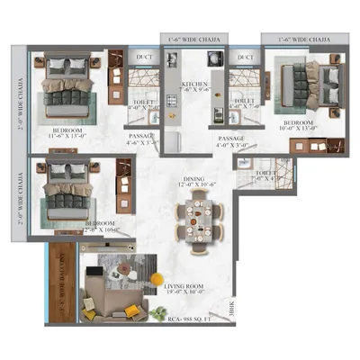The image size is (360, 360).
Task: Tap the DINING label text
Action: (x=194, y=181)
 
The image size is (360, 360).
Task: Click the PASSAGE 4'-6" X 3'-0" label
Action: (x=143, y=138)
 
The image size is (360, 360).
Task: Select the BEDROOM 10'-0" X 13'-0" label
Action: (x=297, y=121)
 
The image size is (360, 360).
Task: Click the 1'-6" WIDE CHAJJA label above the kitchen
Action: (x=194, y=39)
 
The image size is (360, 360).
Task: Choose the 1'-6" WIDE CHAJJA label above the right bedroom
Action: (x=303, y=39)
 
